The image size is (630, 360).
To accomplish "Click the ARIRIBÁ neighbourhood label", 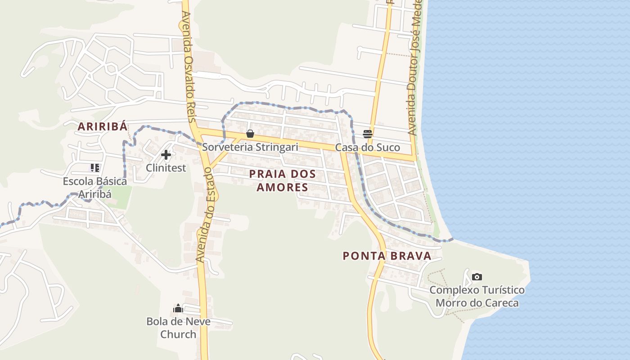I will click(103, 126).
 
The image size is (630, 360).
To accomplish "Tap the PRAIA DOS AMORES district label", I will click(283, 180).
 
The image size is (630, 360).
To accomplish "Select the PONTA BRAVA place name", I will click(387, 256).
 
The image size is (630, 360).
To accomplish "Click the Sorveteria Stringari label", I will click(250, 147).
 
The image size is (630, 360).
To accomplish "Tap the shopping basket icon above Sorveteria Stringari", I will click(250, 134).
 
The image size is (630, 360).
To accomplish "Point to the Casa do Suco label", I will click(368, 148).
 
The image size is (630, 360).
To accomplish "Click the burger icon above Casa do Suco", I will click(368, 134).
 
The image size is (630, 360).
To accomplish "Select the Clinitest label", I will click(166, 168).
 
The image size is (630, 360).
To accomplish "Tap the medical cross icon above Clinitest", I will click(166, 155).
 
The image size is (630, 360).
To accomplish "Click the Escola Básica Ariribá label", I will click(95, 188).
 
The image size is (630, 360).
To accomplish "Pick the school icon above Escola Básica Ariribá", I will click(94, 168).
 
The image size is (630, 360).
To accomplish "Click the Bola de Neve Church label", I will click(178, 328).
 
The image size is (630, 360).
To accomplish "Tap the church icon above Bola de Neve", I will click(178, 308).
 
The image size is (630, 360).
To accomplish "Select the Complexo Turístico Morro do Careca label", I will click(477, 296).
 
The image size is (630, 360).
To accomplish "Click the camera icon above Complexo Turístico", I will click(477, 277).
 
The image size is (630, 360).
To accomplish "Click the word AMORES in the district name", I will click(283, 187).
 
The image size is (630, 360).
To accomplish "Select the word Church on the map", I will click(178, 334).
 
